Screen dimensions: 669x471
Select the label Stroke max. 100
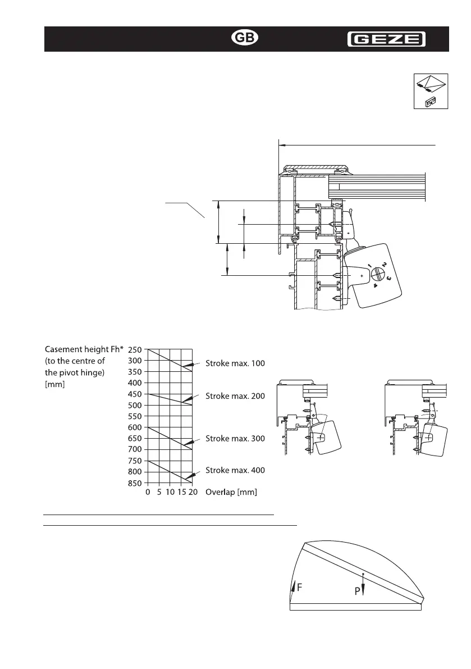235,363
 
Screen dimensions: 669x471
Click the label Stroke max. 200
235,397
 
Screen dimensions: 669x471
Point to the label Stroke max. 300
235,438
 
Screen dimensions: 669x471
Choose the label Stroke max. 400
235,470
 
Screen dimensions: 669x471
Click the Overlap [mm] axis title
231,492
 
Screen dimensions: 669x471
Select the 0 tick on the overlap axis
148,492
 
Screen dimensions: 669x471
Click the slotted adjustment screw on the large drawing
376,275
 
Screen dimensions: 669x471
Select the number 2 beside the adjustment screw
384,264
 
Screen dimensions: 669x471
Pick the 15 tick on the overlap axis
181,492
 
